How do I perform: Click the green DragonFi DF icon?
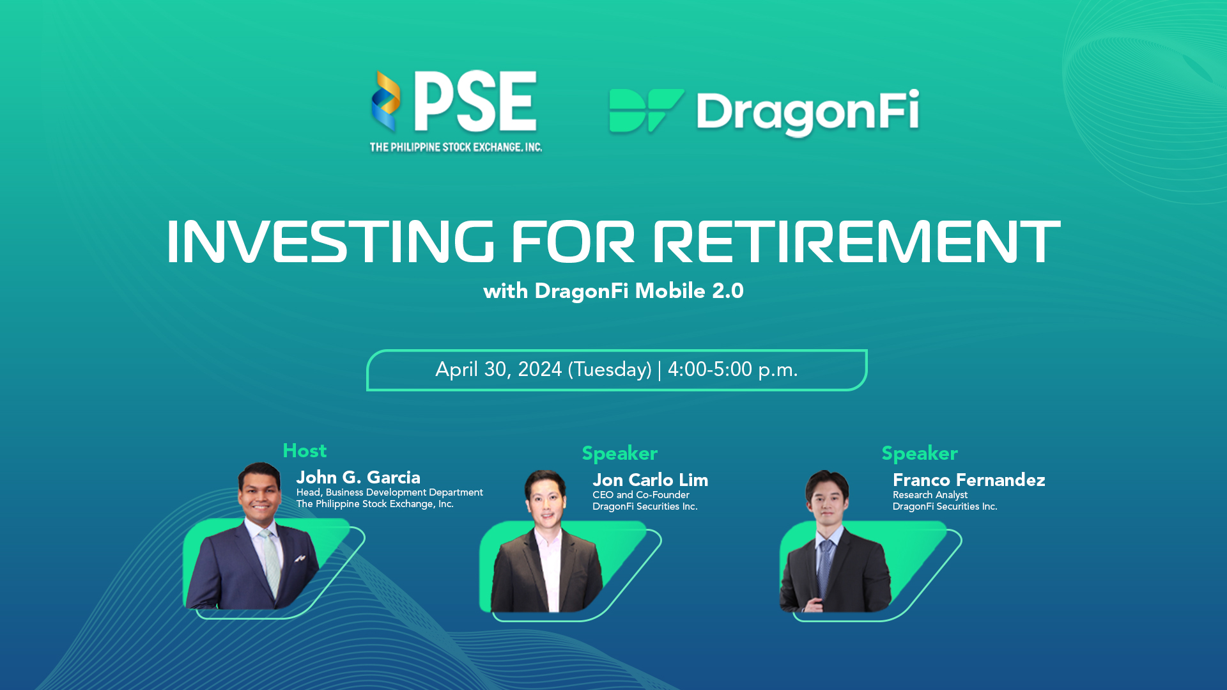pos(646,111)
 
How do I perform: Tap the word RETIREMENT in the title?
pos(856,242)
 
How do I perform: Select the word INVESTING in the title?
pos(330,242)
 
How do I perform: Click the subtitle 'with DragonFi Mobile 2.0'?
pos(613,291)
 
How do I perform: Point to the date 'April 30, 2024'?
pos(498,370)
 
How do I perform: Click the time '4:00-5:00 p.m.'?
pos(732,370)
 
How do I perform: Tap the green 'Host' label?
pos(305,451)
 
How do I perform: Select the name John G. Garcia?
pos(358,477)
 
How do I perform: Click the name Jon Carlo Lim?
pos(650,480)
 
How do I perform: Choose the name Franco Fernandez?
pos(969,480)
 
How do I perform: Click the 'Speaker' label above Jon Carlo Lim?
pos(620,453)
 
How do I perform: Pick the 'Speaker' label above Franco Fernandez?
pos(920,453)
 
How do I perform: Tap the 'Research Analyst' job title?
pos(930,495)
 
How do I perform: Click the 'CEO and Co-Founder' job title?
pos(641,495)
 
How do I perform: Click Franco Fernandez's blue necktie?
pos(825,569)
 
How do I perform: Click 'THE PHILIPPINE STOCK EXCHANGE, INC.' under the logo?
pos(456,147)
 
